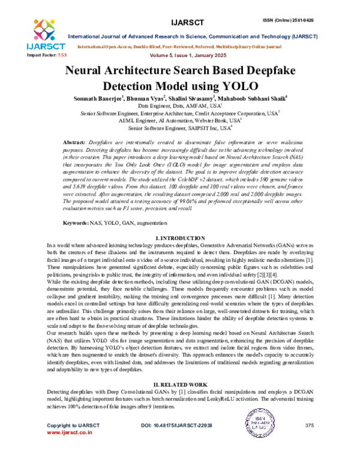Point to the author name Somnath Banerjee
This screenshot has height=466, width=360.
point(97,97)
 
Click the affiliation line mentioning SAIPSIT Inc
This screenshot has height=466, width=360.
point(179,128)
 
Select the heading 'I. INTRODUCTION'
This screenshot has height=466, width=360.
point(181,222)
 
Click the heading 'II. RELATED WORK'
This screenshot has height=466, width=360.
point(181,384)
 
